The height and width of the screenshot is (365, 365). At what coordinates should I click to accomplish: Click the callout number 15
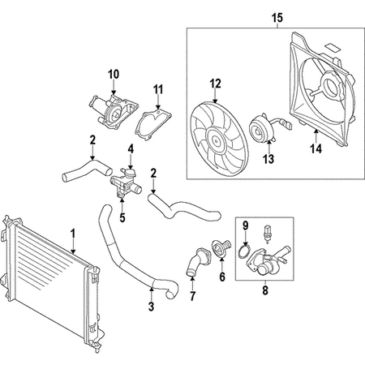pyautogui.click(x=277, y=18)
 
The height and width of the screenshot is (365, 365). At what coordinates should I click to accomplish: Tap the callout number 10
pyautogui.click(x=114, y=74)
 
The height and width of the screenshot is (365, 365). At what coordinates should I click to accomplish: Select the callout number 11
pyautogui.click(x=158, y=89)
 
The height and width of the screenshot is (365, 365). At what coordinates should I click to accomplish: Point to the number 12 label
pyautogui.click(x=216, y=84)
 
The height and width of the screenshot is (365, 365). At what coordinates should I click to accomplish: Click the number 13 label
pyautogui.click(x=269, y=159)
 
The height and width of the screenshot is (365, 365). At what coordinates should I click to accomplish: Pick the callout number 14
pyautogui.click(x=316, y=148)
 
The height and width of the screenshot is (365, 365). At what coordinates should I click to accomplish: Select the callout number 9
pyautogui.click(x=245, y=225)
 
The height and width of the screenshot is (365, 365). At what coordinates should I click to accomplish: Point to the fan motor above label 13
pyautogui.click(x=262, y=130)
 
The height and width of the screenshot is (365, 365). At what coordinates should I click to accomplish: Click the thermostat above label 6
pyautogui.click(x=221, y=248)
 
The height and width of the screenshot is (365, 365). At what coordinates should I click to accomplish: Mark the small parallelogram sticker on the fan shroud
pyautogui.click(x=333, y=47)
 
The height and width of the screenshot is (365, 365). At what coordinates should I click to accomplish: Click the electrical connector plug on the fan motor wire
pyautogui.click(x=290, y=125)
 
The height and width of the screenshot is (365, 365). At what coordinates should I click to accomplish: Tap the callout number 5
pyautogui.click(x=122, y=217)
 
